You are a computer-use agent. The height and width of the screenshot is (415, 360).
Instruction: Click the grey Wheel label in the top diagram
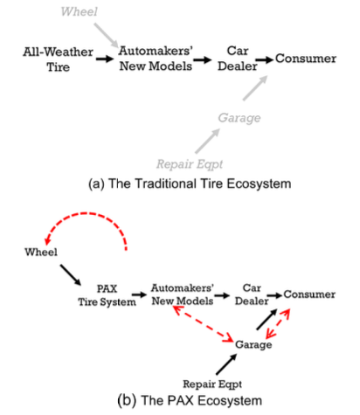click(79, 11)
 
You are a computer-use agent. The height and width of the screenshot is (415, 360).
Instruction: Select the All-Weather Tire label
click(59, 59)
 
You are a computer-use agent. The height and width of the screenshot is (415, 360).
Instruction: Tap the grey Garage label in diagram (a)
click(239, 118)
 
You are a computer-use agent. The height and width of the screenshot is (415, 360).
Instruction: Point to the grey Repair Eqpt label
click(190, 164)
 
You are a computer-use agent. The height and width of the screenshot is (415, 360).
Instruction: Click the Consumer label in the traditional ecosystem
click(306, 59)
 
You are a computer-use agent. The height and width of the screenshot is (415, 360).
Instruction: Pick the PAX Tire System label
click(107, 295)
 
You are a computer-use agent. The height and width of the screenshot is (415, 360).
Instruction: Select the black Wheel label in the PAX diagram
click(41, 252)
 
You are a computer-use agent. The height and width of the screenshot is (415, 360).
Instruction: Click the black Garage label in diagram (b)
click(253, 344)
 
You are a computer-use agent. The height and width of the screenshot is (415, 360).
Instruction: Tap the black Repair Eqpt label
click(212, 384)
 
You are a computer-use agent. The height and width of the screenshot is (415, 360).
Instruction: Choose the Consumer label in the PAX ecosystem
click(309, 294)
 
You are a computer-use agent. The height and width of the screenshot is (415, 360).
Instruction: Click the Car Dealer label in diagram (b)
click(252, 294)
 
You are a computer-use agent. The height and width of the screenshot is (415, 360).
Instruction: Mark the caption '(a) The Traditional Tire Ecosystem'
click(190, 183)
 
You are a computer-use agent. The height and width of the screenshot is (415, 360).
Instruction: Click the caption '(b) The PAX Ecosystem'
click(190, 400)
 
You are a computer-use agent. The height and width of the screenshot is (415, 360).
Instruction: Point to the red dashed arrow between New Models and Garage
click(203, 323)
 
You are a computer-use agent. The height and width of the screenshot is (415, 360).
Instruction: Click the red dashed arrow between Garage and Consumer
click(278, 323)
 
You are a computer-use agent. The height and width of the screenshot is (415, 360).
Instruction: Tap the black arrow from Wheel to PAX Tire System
click(71, 275)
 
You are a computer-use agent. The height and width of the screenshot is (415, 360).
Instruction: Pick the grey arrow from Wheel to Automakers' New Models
click(106, 35)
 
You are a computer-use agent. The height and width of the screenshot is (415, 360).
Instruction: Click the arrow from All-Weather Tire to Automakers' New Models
click(105, 59)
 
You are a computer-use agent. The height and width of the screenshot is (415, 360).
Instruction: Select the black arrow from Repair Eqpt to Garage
click(226, 364)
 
